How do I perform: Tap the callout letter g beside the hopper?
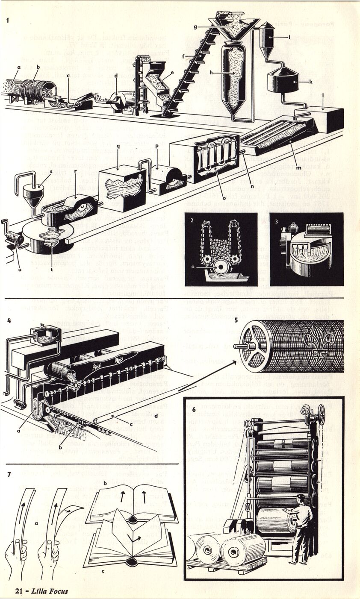coord(195,27)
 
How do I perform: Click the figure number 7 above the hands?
coord(9,474)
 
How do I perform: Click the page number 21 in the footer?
coord(18,591)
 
